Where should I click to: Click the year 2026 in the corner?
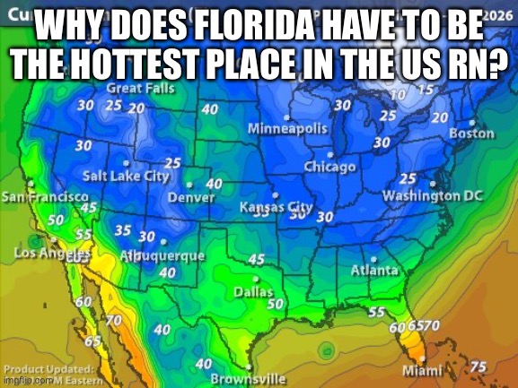pyautogui.click(x=497, y=15)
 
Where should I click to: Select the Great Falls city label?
pyautogui.click(x=141, y=89)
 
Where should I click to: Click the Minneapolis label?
pyautogui.click(x=287, y=129)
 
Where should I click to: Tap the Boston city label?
pyautogui.click(x=471, y=134)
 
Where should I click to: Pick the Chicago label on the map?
pyautogui.click(x=329, y=168)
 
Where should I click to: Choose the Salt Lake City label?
pyautogui.click(x=126, y=176)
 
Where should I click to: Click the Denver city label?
pyautogui.click(x=191, y=197)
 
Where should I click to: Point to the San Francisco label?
pyautogui.click(x=45, y=196)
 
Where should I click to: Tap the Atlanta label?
pyautogui.click(x=374, y=270)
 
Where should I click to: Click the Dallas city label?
pyautogui.click(x=253, y=291)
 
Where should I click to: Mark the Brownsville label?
pyautogui.click(x=248, y=378)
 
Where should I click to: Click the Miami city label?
pyautogui.click(x=422, y=370)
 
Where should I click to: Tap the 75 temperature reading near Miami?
pyautogui.click(x=478, y=366)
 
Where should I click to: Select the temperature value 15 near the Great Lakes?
pyautogui.click(x=426, y=89)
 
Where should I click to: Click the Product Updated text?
pyautogui.click(x=48, y=369)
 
